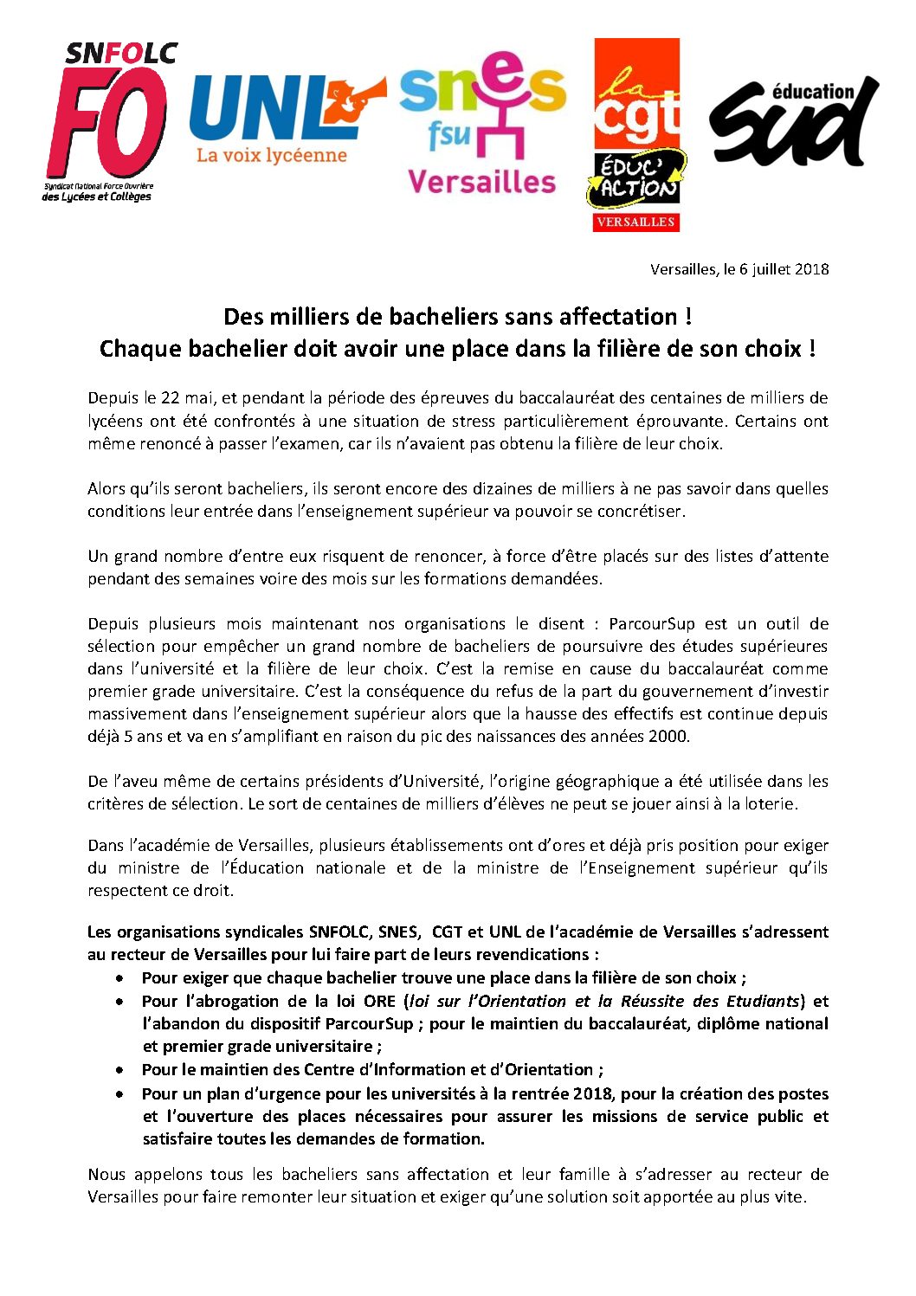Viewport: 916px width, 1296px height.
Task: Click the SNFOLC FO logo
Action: (108, 121)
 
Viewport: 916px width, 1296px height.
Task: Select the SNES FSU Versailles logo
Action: (481, 121)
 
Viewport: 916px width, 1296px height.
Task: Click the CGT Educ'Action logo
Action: (636, 134)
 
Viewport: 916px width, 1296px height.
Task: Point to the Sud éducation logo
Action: (792, 121)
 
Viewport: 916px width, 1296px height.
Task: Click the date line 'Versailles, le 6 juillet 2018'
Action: (739, 269)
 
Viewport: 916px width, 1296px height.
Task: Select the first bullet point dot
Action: (119, 978)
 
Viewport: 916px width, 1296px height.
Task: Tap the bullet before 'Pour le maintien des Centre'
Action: (119, 1070)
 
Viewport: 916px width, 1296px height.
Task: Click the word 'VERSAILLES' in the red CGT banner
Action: (635, 222)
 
